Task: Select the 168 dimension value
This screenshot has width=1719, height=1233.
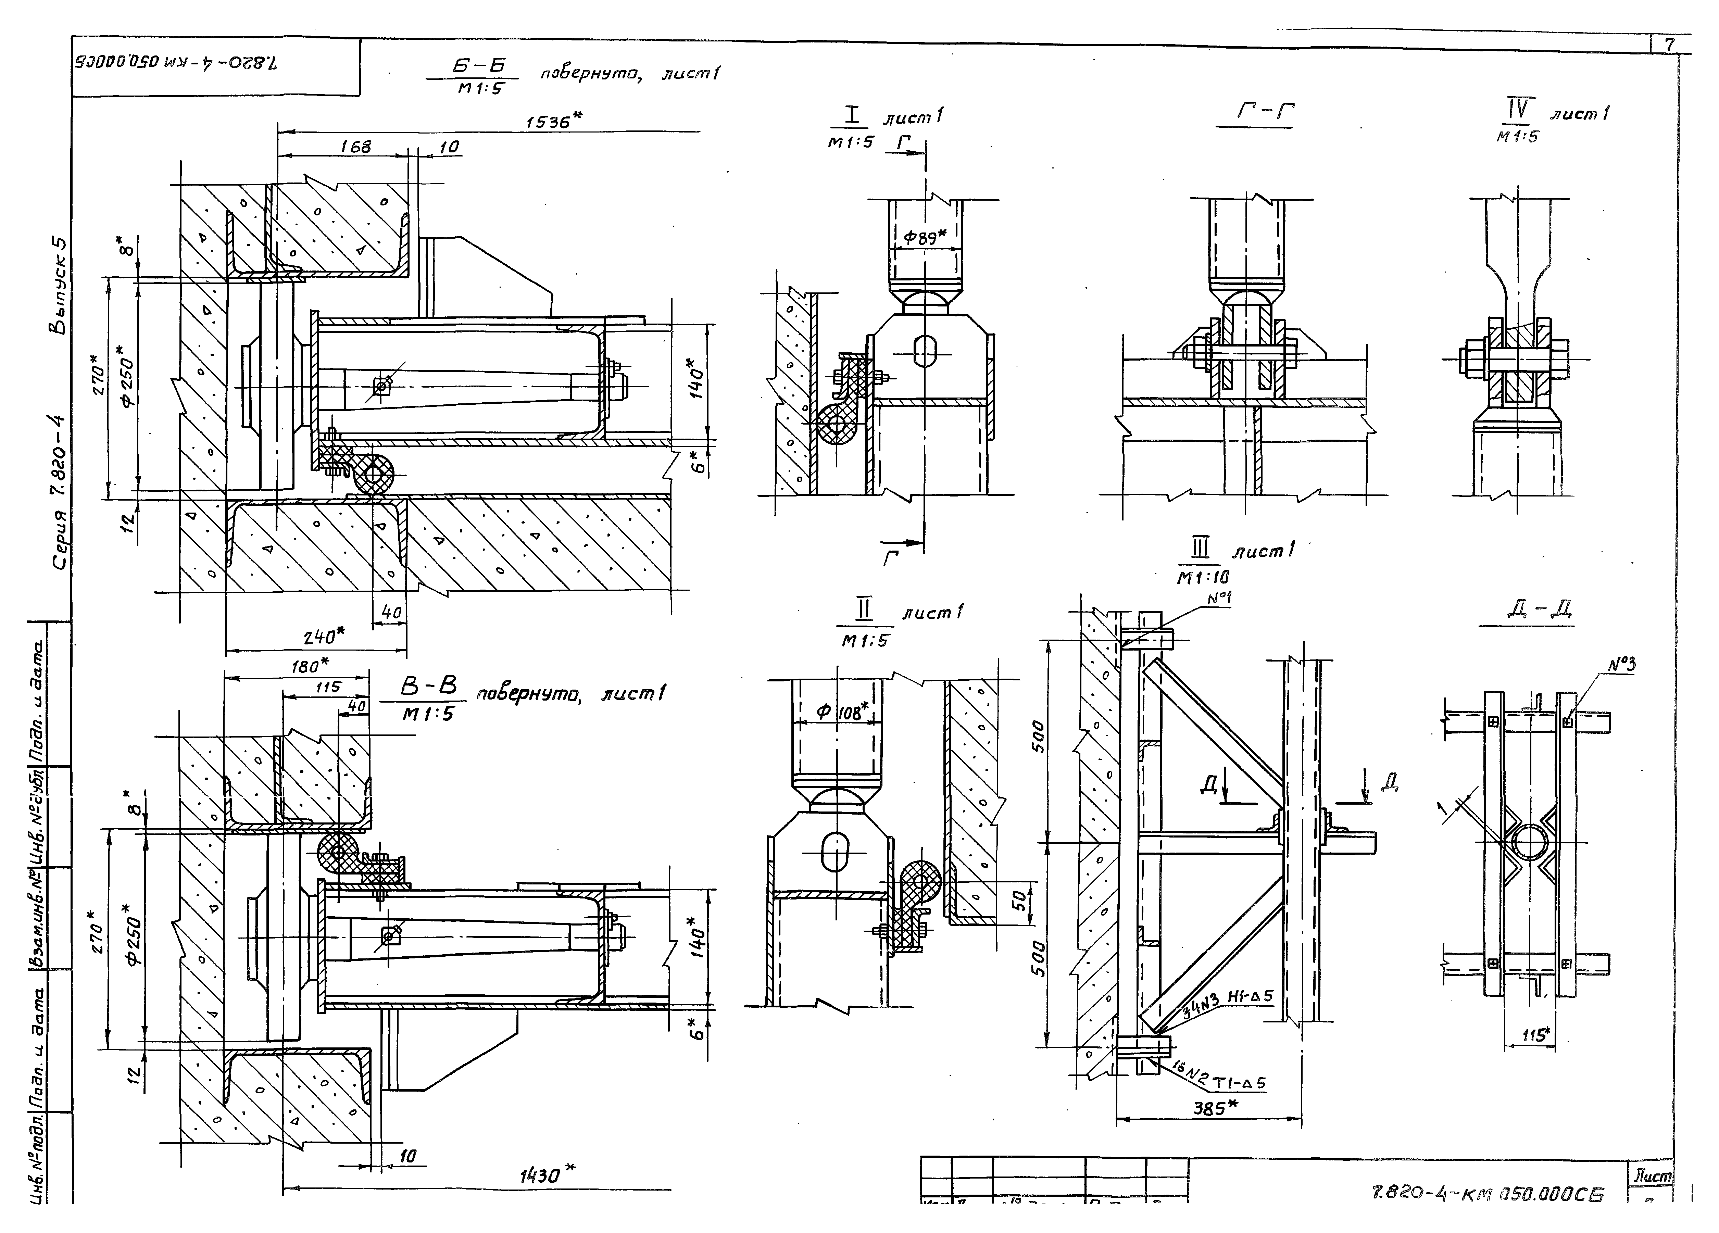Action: pos(355,147)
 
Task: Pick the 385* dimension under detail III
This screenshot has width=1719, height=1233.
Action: pos(1215,1109)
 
